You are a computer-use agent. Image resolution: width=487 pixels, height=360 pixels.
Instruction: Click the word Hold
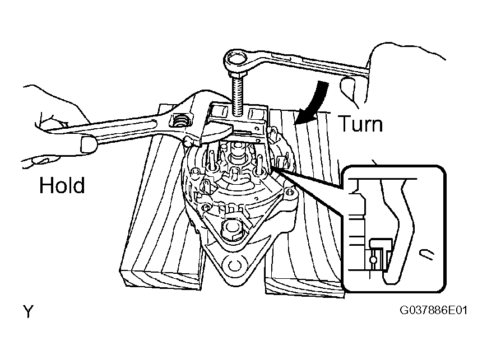point(62,185)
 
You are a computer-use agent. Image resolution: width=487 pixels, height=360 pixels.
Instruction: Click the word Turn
point(360,124)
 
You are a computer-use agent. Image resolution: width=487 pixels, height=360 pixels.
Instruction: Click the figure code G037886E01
point(433,310)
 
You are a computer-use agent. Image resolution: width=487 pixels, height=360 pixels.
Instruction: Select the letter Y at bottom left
point(28,311)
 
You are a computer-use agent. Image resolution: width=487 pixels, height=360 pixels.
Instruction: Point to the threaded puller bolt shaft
point(238,92)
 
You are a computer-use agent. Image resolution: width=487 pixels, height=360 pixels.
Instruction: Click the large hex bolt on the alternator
point(230,230)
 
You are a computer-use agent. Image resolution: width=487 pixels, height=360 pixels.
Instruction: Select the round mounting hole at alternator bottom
point(234,265)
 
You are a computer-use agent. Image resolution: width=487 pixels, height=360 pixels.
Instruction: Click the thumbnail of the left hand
point(89,145)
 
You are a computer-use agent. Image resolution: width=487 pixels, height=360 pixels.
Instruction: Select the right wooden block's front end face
point(304,286)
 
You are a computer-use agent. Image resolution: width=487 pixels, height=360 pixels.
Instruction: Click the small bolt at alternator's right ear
point(290,193)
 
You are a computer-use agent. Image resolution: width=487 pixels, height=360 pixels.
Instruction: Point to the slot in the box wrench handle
point(281,58)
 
